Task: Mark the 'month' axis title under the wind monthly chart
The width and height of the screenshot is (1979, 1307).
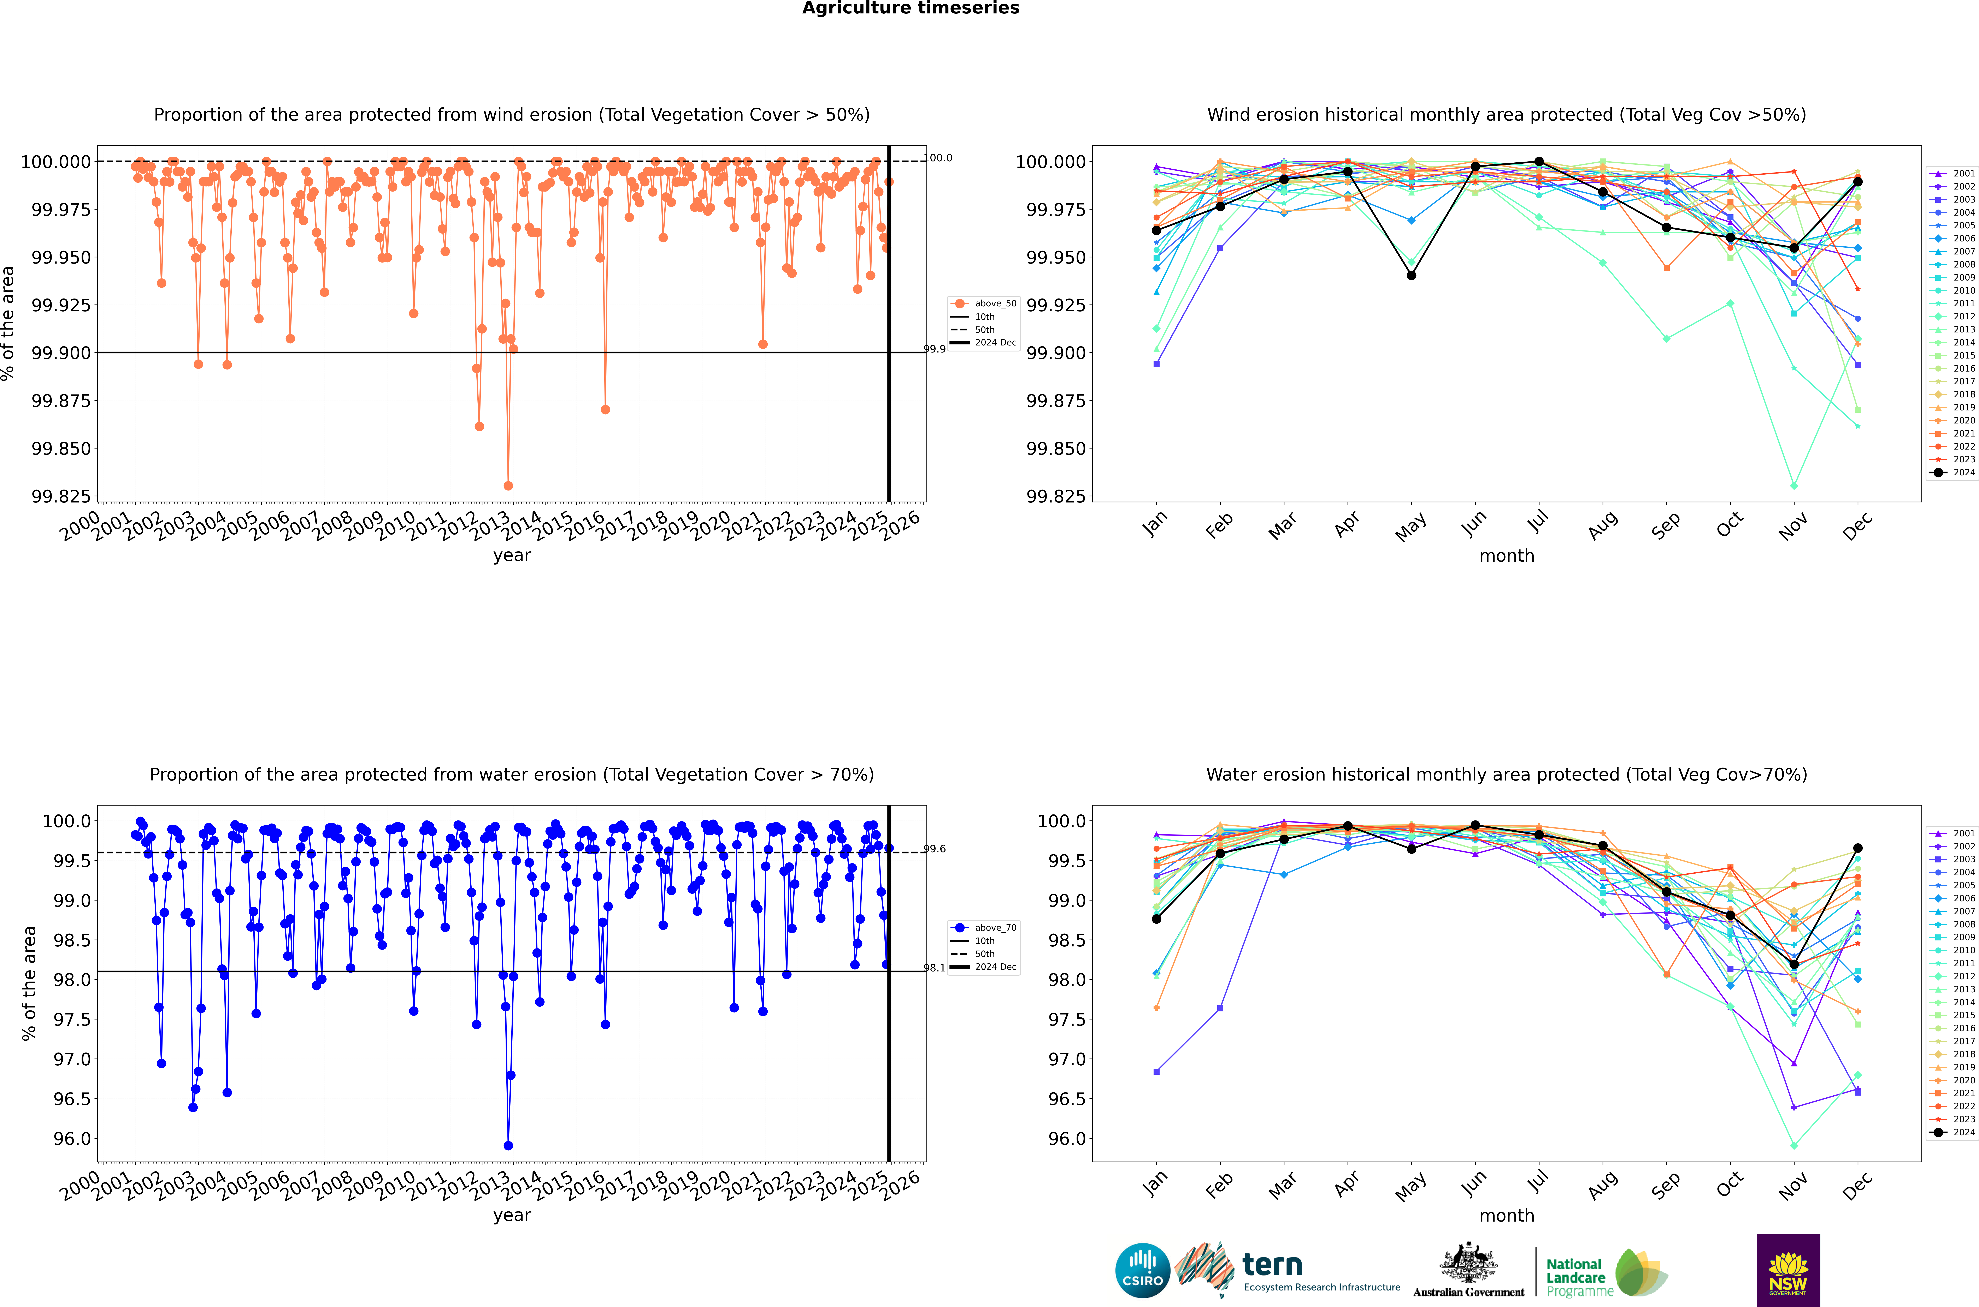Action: pyautogui.click(x=1506, y=556)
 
